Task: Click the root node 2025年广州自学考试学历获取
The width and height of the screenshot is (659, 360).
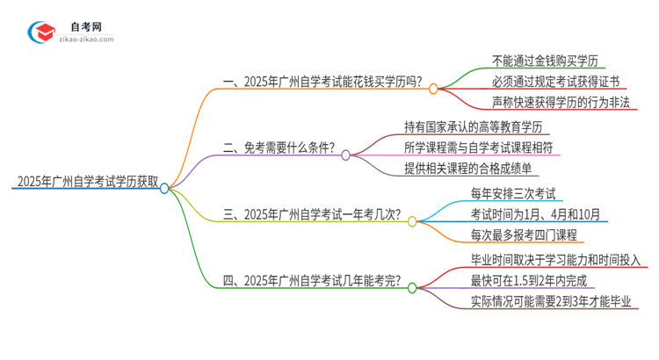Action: pos(85,183)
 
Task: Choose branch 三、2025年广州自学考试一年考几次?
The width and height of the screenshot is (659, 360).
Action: pos(312,213)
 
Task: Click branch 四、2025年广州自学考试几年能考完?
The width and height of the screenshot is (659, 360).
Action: pos(312,281)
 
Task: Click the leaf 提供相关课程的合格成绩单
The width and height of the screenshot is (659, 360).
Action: pos(467,168)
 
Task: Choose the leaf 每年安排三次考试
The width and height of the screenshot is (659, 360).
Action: pos(514,192)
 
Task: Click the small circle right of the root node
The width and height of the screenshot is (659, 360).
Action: pos(164,187)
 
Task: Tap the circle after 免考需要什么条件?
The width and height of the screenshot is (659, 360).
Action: pos(346,155)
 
